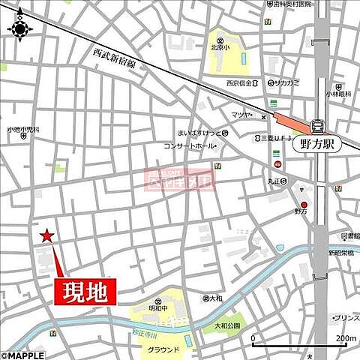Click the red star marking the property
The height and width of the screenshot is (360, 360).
pos(46,236)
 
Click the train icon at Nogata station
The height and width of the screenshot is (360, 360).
pos(317,125)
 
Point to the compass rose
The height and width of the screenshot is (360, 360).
pos(19,28)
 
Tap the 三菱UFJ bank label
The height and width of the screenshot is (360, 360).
pos(277,138)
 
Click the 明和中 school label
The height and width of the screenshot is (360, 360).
pos(157,307)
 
